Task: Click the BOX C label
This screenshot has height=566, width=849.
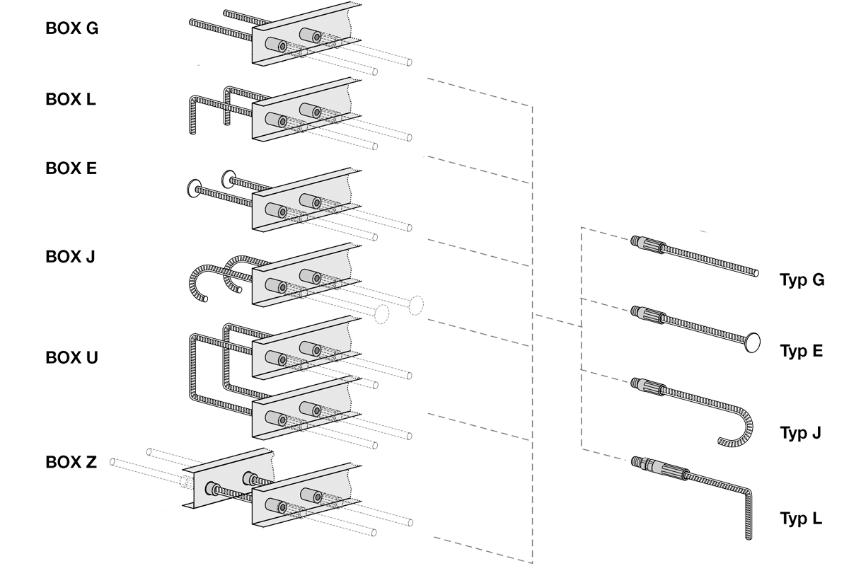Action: click(x=71, y=28)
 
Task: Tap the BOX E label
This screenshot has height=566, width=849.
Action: click(x=71, y=168)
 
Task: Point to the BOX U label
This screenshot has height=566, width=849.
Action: click(x=71, y=359)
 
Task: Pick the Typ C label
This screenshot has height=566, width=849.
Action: click(x=803, y=281)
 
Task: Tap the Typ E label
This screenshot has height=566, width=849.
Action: click(x=803, y=352)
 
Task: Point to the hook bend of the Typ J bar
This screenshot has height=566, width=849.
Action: click(x=743, y=424)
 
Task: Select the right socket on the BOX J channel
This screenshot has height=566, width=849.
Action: click(x=310, y=275)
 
